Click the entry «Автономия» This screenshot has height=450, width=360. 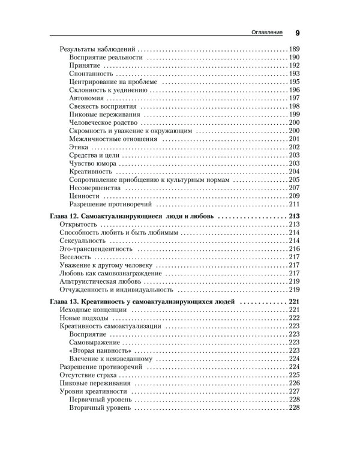(x=88, y=98)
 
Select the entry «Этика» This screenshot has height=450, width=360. (x=80, y=147)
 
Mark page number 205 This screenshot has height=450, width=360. (x=294, y=179)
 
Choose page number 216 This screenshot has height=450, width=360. (x=294, y=248)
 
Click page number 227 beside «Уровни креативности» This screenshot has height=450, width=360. (x=294, y=391)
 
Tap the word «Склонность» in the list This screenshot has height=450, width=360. (x=88, y=89)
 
